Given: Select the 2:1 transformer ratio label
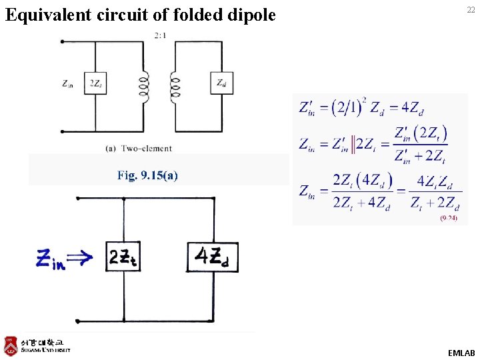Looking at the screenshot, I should [x=160, y=35].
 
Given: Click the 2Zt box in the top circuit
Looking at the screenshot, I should [x=96, y=83].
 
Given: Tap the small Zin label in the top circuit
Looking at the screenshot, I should [x=68, y=84].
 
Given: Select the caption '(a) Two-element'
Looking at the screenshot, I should [x=138, y=148].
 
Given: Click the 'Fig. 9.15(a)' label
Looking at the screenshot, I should [x=147, y=175].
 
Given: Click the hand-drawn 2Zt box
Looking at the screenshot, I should [x=123, y=257].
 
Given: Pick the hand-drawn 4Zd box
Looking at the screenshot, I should [x=214, y=257].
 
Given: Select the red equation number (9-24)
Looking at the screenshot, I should [x=448, y=219].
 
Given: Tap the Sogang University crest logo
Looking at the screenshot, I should [x=10, y=345].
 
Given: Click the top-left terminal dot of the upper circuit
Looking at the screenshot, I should [x=63, y=41].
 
